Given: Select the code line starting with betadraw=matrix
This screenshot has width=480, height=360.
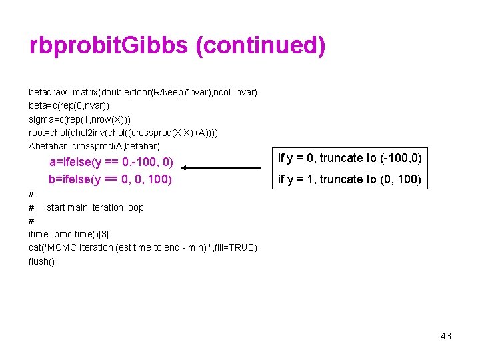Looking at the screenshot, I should (143, 91).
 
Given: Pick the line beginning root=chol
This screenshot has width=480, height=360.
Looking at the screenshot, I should (123, 133).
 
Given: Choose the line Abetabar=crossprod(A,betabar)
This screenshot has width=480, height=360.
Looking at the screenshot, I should (94, 146).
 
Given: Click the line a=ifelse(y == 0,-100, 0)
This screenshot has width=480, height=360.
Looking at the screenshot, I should (111, 162).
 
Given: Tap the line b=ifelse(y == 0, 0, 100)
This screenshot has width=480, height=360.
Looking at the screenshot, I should (110, 179).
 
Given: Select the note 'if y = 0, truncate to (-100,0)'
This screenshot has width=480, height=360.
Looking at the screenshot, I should (350, 158).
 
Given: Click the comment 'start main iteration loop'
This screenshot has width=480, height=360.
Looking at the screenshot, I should (95, 207).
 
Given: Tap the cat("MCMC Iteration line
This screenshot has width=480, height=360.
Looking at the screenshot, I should (143, 247).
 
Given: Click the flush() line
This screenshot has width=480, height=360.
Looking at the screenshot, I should (41, 261).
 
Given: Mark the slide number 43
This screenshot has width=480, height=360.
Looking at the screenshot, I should (446, 336).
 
